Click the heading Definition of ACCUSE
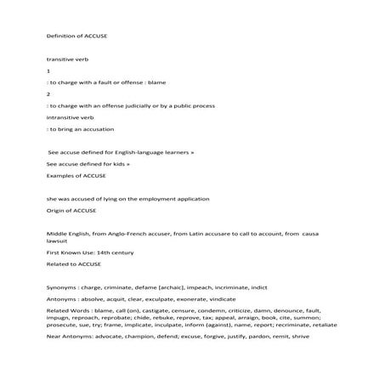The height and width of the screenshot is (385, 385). tap(76, 37)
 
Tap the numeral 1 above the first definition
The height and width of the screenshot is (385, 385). tap(48, 71)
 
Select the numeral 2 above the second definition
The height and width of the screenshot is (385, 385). tap(48, 93)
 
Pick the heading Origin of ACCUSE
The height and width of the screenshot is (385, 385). tap(71, 209)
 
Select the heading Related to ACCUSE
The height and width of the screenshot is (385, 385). tap(73, 263)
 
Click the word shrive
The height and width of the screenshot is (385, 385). tap(300, 337)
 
